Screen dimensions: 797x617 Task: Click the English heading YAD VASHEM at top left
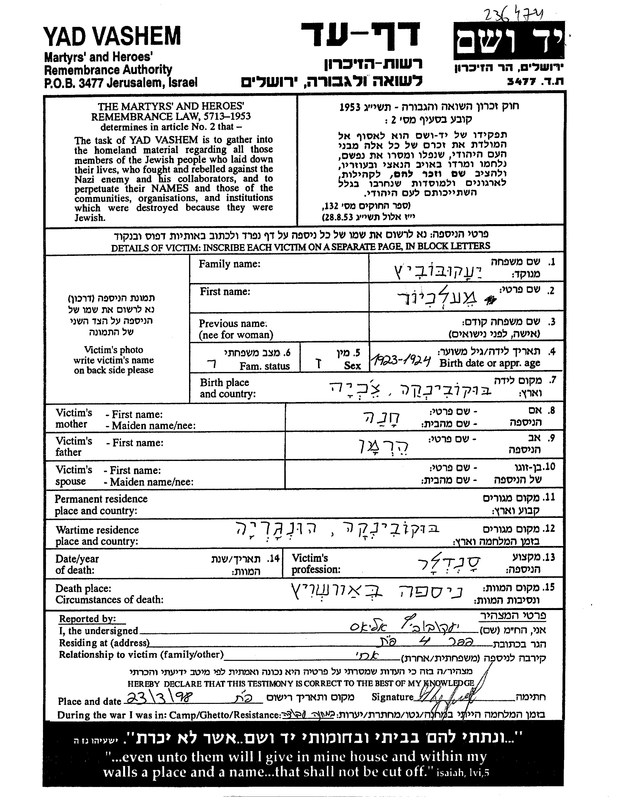click(112, 36)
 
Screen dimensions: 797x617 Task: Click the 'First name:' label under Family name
click(225, 292)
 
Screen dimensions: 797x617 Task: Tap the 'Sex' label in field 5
click(352, 366)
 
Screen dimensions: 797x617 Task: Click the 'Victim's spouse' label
click(73, 476)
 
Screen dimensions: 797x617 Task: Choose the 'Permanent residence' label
click(101, 499)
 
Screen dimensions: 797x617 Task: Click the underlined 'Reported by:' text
click(87, 619)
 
